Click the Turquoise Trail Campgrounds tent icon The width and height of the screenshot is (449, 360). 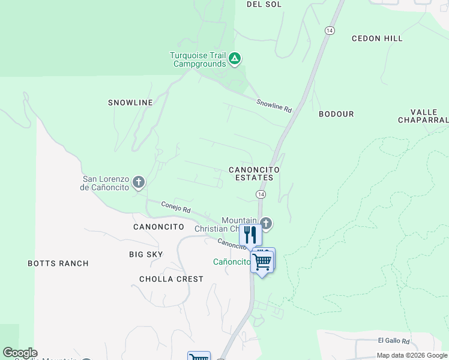(235, 59)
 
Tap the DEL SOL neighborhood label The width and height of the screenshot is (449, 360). (264, 4)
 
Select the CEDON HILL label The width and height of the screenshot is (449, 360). (377, 38)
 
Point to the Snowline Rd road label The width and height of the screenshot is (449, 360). (274, 106)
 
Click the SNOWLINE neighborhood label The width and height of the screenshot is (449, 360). (130, 103)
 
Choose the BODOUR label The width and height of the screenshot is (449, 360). (336, 114)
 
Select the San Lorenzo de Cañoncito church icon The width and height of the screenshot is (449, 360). (139, 182)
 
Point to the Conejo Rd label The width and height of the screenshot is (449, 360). (176, 207)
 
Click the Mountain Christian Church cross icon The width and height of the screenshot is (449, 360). (266, 224)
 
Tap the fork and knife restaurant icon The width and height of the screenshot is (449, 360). (250, 235)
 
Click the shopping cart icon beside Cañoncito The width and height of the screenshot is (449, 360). (262, 260)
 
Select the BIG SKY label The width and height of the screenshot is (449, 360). (146, 254)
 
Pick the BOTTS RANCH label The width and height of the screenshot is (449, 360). (58, 263)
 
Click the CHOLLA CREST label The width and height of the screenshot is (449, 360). (171, 279)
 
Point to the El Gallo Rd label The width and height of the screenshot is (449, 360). (393, 341)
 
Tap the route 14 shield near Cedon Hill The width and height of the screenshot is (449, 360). (329, 30)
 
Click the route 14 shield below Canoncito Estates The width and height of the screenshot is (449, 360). (261, 194)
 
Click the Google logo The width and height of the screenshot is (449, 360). (20, 353)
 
